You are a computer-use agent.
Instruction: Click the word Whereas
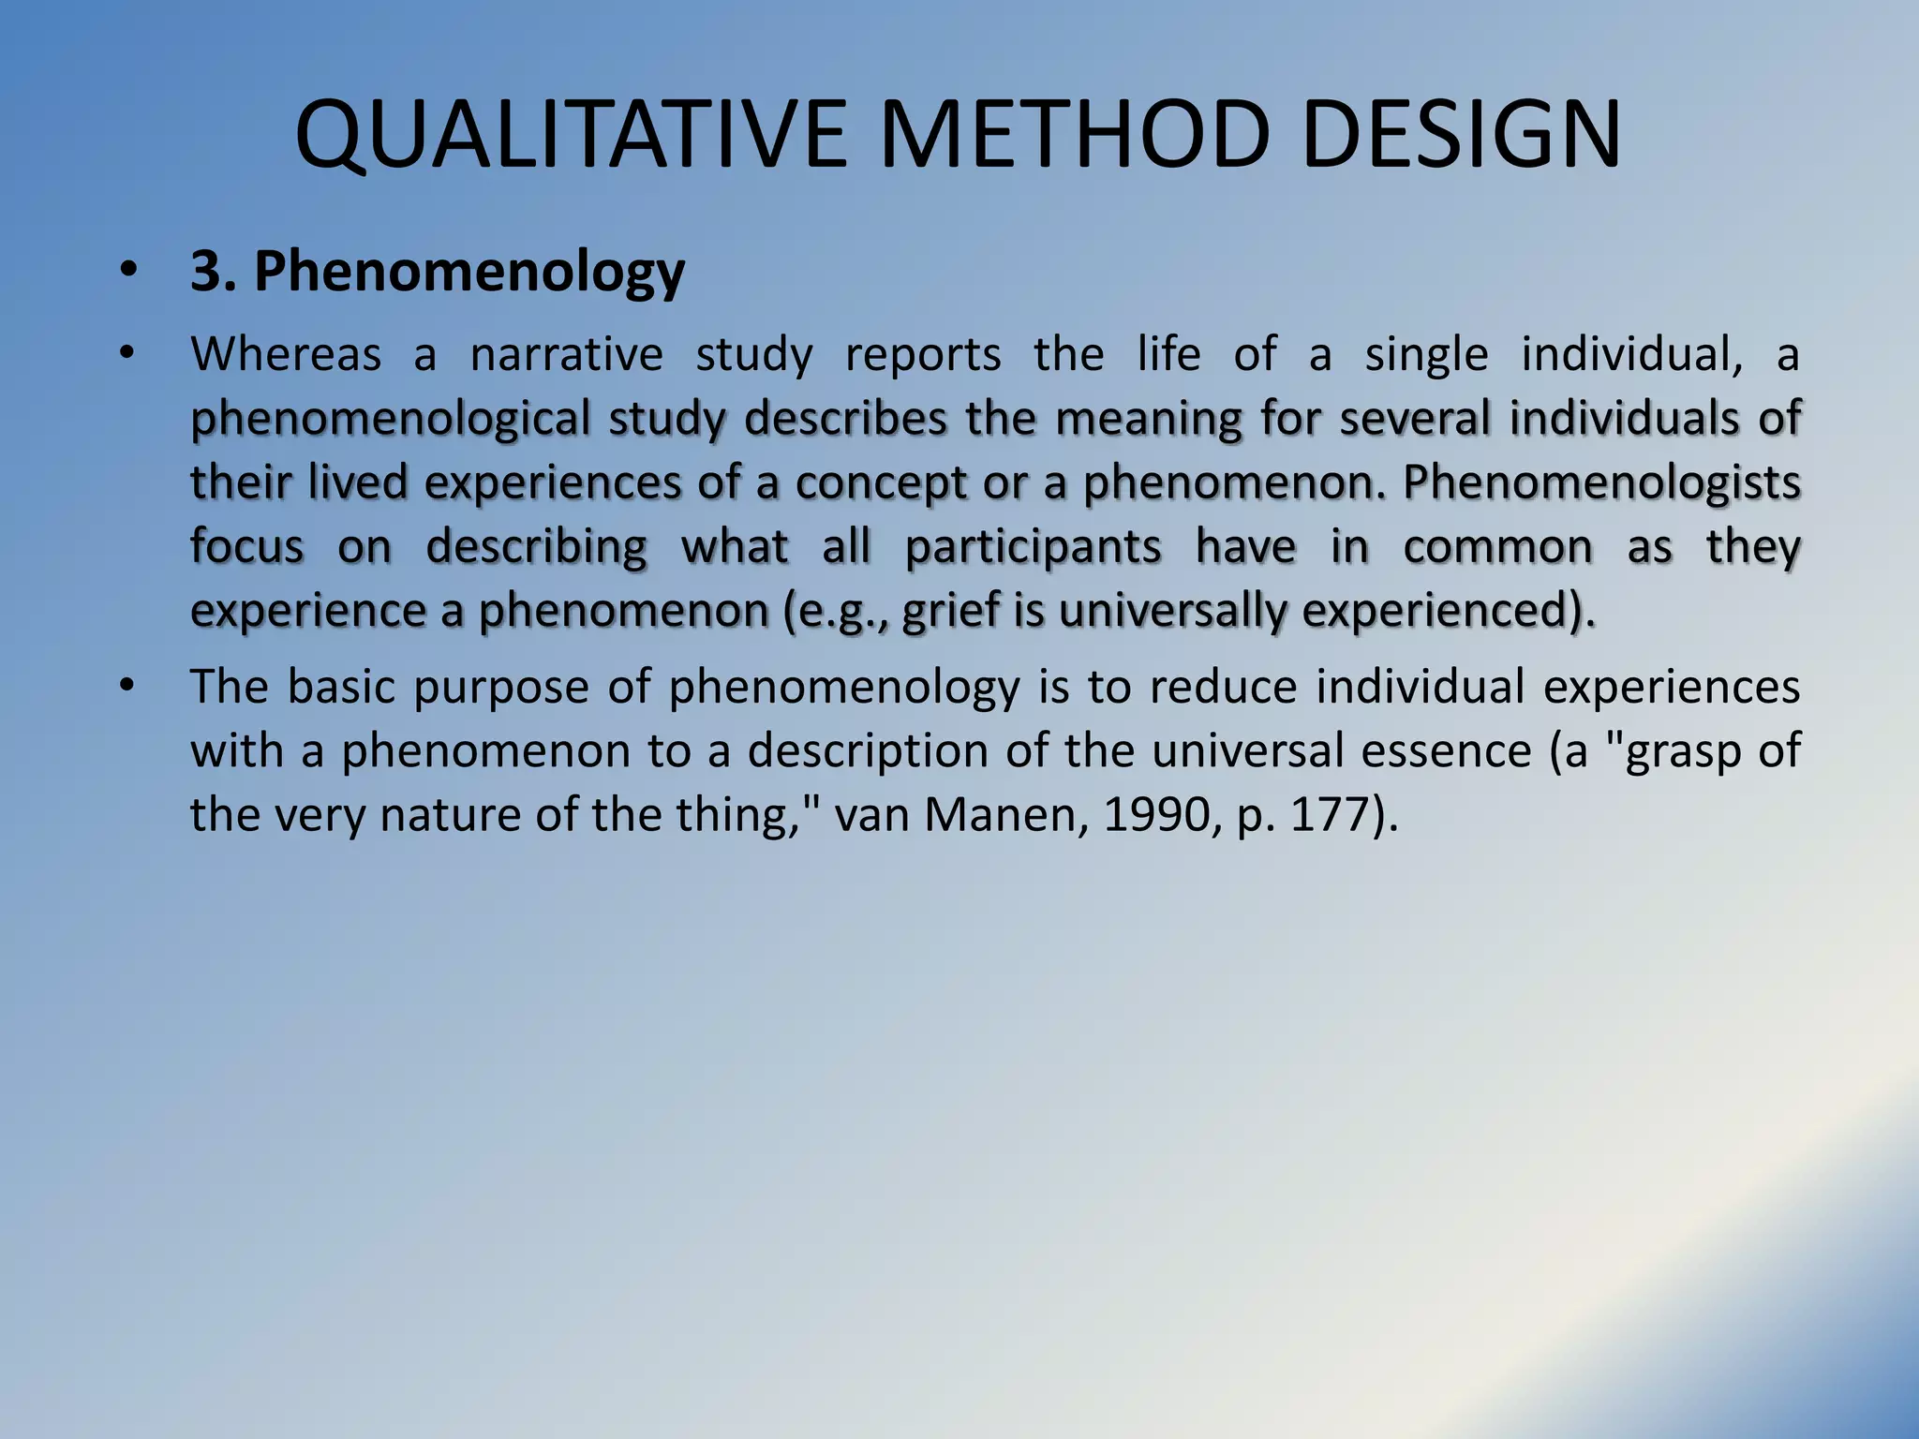286,355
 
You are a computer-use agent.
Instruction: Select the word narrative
566,355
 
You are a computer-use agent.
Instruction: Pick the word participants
1033,547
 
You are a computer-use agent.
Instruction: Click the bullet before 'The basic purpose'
127,688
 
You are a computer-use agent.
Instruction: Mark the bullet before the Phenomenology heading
127,272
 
